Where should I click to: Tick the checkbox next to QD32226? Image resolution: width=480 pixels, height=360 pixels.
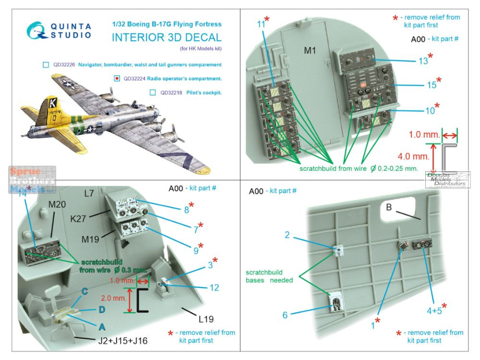pyautogui.click(x=46, y=64)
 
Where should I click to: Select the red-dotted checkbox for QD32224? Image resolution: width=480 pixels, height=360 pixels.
pyautogui.click(x=117, y=78)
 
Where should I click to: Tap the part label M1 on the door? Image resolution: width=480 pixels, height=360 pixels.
pyautogui.click(x=310, y=51)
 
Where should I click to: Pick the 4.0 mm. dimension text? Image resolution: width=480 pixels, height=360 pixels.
pyautogui.click(x=414, y=156)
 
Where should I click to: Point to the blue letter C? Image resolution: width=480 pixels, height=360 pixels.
pyautogui.click(x=85, y=291)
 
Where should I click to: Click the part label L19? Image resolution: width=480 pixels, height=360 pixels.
pyautogui.click(x=204, y=319)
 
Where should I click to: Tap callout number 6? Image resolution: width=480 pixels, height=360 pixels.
pyautogui.click(x=285, y=315)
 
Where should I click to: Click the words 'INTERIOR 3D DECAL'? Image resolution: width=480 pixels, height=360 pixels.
pyautogui.click(x=167, y=38)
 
